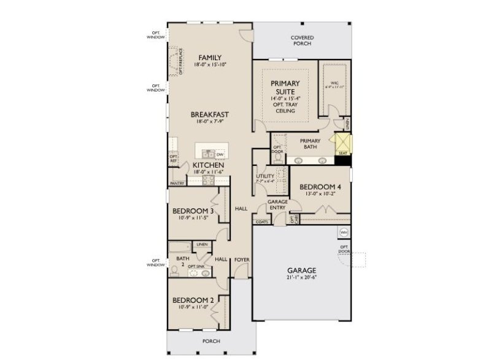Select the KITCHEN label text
tap(208, 165)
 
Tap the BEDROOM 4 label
tap(319, 187)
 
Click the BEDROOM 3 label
tap(193, 210)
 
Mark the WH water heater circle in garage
tap(343, 232)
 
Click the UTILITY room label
tap(265, 176)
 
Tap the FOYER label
tap(242, 260)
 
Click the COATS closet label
tap(262, 221)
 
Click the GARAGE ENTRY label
tap(277, 205)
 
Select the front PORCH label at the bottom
tap(211, 341)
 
